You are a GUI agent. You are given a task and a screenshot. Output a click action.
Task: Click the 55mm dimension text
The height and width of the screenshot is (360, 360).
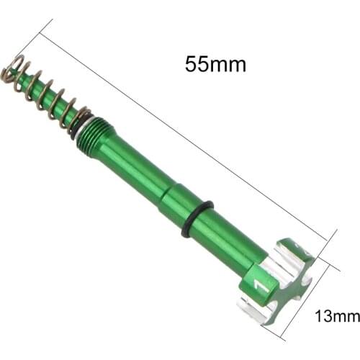pos(215,64)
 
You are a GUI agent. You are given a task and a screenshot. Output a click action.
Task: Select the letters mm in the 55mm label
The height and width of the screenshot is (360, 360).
pos(230,64)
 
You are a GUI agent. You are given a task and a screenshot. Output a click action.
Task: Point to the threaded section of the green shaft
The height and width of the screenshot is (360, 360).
pos(94,132)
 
